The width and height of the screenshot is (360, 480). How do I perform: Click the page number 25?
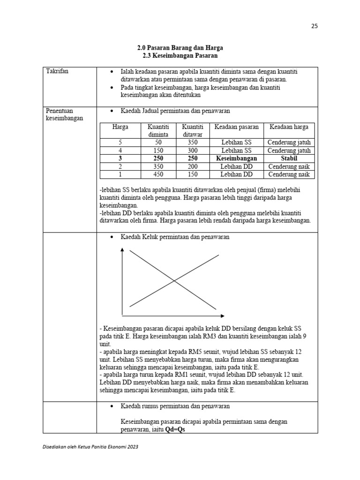314,26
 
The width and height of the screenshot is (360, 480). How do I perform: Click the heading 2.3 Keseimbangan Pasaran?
180,56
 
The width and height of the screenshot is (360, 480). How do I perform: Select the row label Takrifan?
57,71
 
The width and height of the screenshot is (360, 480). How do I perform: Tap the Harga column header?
120,127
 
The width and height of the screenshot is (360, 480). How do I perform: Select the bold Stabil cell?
289,158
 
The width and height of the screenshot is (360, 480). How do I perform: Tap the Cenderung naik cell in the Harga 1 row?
289,174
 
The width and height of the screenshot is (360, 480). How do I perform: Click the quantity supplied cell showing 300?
186,150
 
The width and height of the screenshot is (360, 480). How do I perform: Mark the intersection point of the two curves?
174,281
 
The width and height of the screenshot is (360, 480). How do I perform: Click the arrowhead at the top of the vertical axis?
122,249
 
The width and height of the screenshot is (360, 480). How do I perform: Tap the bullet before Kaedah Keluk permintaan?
111,238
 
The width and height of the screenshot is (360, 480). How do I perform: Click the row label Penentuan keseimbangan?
64,114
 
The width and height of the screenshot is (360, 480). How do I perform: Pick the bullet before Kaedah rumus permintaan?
111,406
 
